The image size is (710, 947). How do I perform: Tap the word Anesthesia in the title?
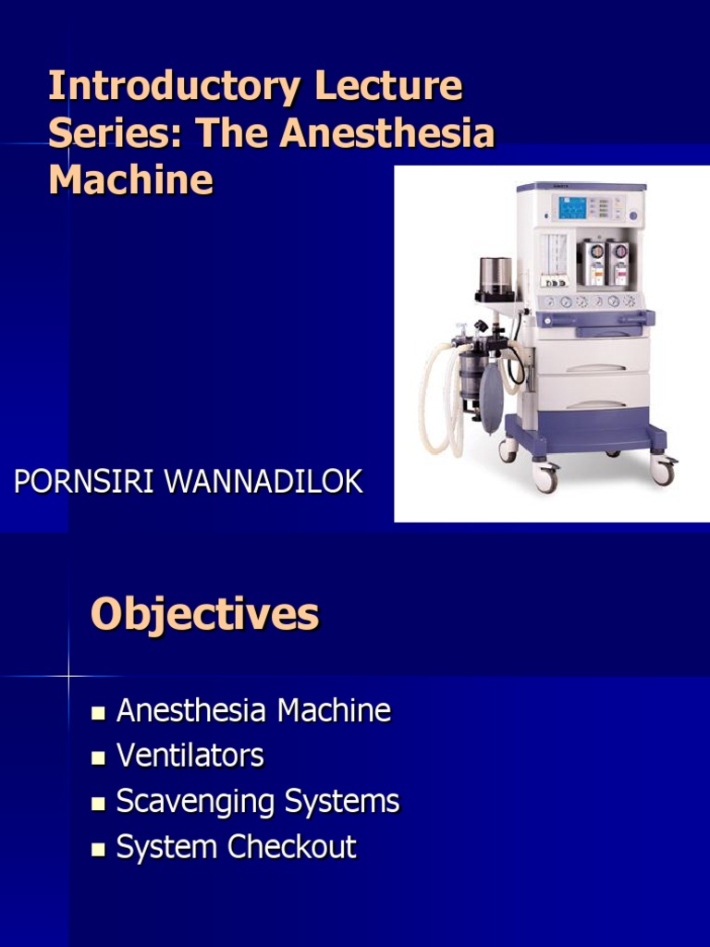[x=387, y=133]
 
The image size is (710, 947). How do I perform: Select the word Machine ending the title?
[x=130, y=179]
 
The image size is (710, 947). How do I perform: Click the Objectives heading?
[x=204, y=615]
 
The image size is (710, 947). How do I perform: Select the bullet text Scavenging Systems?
[x=258, y=802]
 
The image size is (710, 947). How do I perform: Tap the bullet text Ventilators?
[x=190, y=756]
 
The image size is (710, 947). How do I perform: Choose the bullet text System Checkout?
[x=237, y=847]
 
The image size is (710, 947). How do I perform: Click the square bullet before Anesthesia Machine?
[x=98, y=712]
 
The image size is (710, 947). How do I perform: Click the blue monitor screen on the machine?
[x=572, y=208]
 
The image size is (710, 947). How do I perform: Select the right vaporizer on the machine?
[x=618, y=262]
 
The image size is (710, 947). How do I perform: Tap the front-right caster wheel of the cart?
[x=662, y=470]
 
